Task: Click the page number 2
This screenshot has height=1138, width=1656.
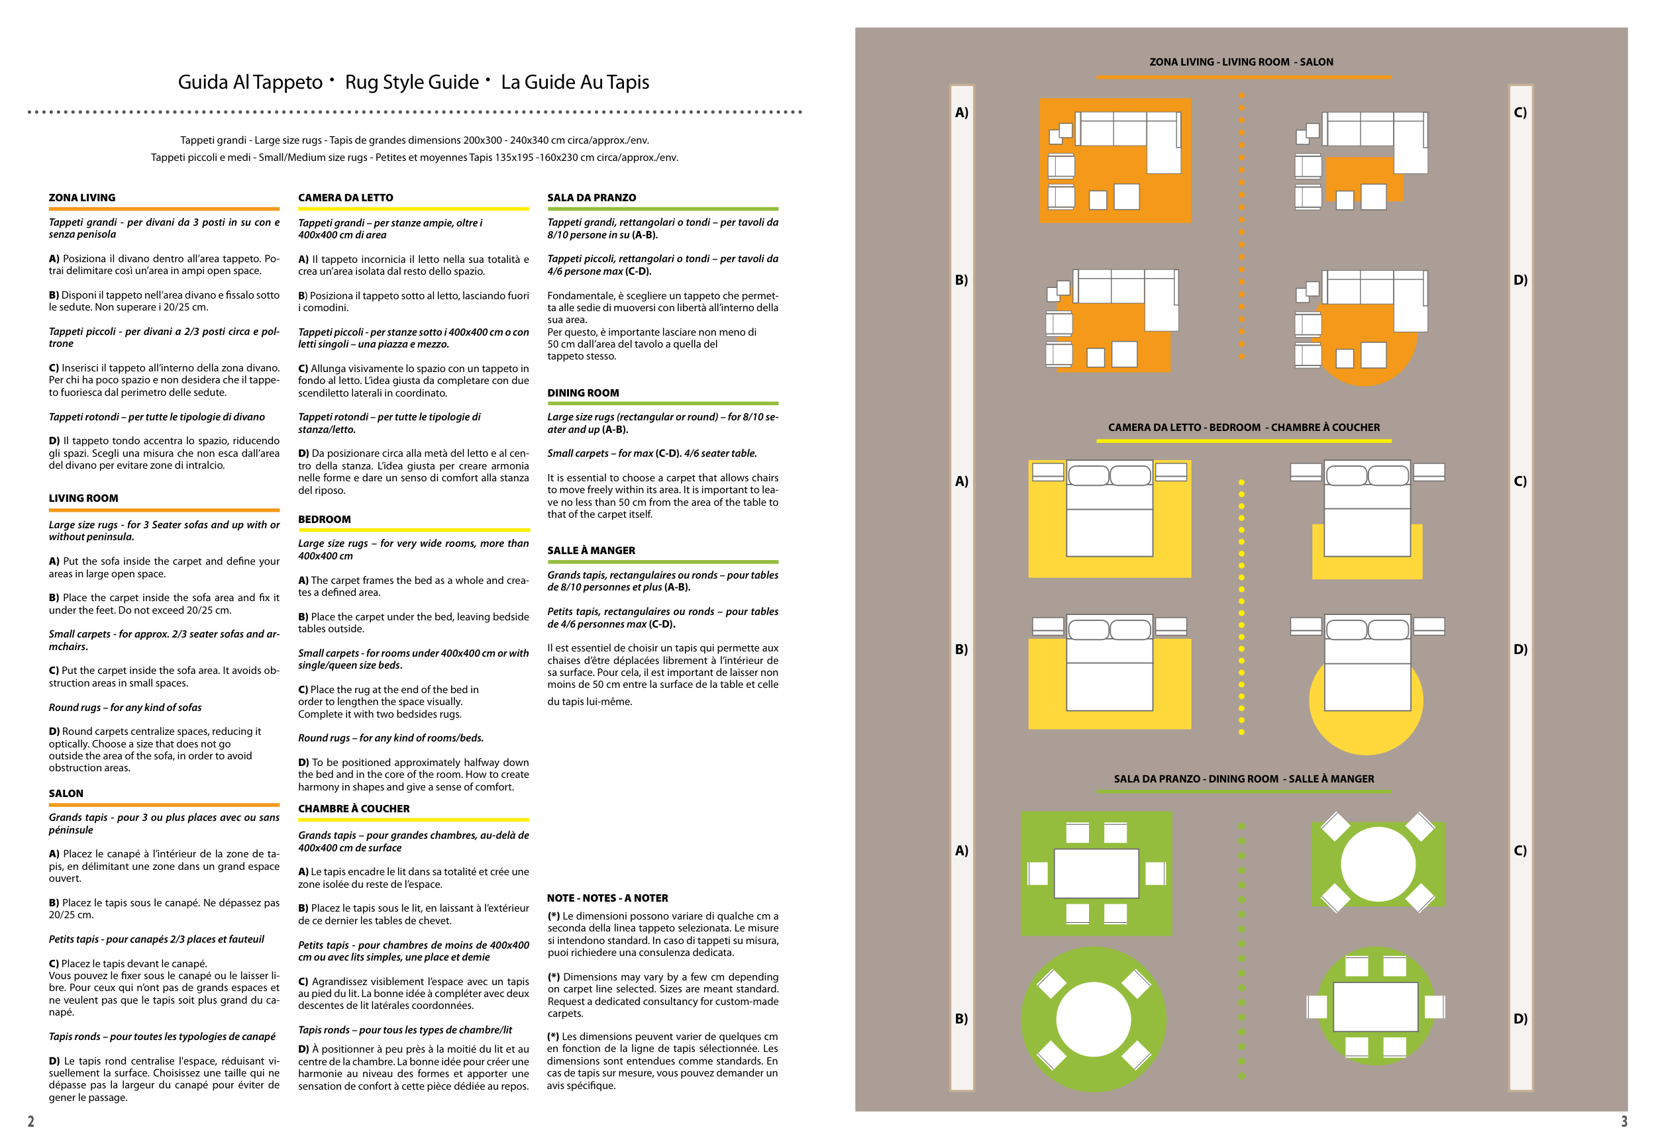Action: pyautogui.click(x=30, y=1121)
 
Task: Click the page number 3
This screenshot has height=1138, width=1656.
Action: pyautogui.click(x=1624, y=1121)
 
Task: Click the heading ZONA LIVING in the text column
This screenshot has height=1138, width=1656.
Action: pyautogui.click(x=82, y=197)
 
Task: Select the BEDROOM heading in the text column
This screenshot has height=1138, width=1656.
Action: pyautogui.click(x=324, y=519)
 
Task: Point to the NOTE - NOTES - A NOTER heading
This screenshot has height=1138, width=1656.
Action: pyautogui.click(x=607, y=898)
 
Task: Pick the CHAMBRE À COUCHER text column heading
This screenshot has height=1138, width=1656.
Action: pyautogui.click(x=354, y=808)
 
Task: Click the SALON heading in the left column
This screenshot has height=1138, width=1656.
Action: pyautogui.click(x=66, y=794)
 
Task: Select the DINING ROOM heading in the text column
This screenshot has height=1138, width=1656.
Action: pyautogui.click(x=583, y=393)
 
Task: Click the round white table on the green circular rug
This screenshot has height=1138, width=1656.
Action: pyautogui.click(x=1092, y=1019)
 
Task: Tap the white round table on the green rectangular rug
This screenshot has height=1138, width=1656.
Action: pyautogui.click(x=1377, y=864)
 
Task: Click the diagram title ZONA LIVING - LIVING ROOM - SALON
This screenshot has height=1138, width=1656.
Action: pyautogui.click(x=1241, y=62)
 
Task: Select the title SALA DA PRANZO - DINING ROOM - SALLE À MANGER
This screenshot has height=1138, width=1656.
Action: pyautogui.click(x=1243, y=779)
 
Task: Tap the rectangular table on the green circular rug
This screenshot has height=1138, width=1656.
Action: pyautogui.click(x=1375, y=1007)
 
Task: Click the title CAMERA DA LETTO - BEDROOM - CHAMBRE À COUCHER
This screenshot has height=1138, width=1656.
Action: pyautogui.click(x=1243, y=428)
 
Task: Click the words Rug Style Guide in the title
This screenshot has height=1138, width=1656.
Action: pyautogui.click(x=411, y=83)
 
